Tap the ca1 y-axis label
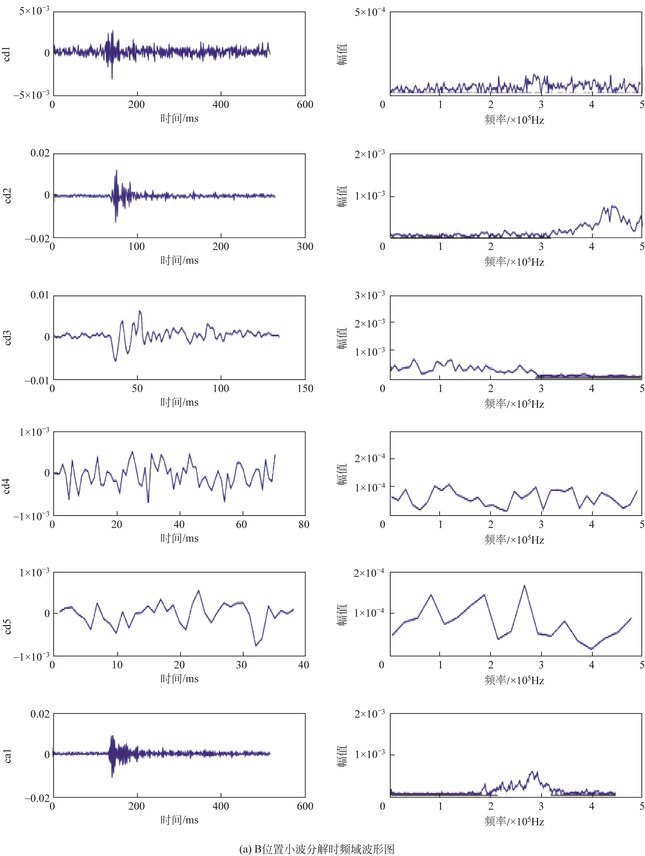(7, 756)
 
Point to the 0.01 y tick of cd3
(40, 295)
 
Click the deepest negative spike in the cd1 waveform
(112, 79)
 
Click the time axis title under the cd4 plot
(179, 538)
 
